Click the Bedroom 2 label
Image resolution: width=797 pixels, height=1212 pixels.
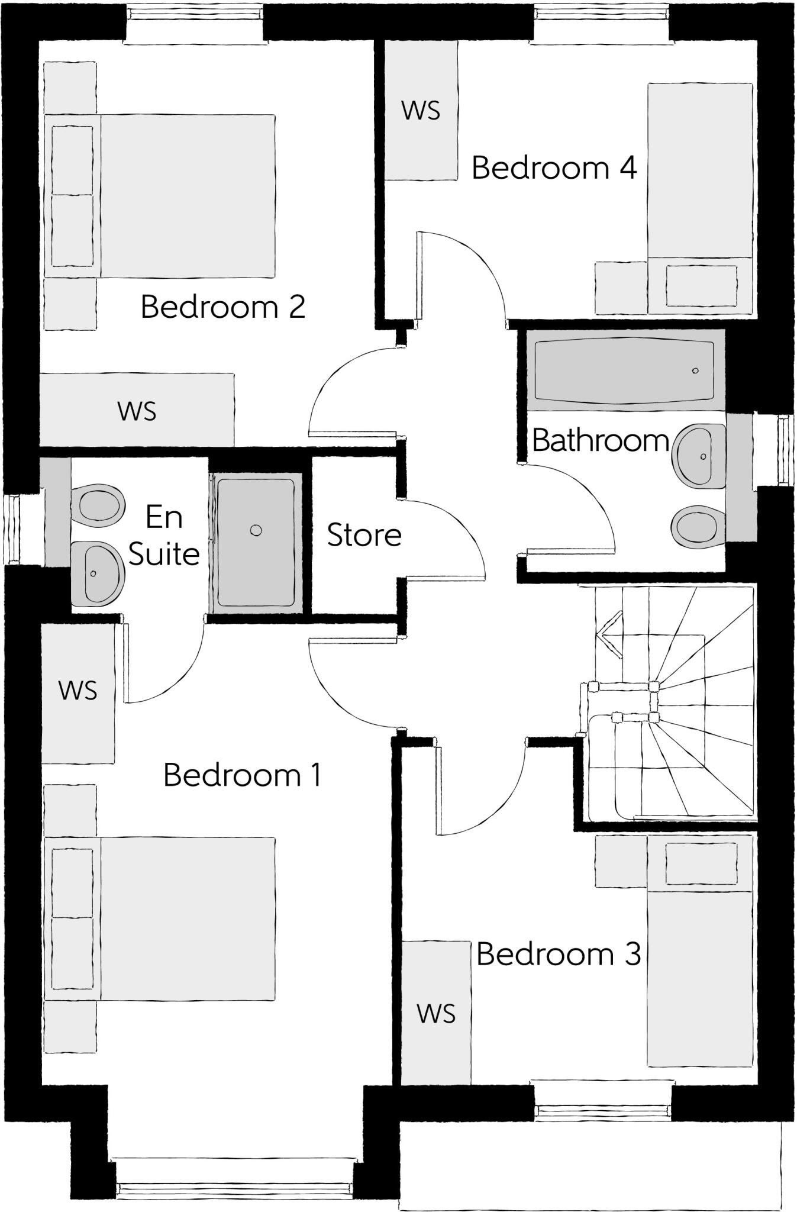tap(223, 307)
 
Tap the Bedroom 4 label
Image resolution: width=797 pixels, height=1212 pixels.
tap(554, 168)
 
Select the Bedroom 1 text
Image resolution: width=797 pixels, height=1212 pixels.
tap(243, 775)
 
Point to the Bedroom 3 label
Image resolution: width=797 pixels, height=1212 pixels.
tap(559, 954)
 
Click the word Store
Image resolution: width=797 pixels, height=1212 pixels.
tap(364, 535)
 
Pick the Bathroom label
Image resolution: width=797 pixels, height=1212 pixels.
tap(600, 441)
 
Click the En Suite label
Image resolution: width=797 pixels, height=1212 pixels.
tap(164, 536)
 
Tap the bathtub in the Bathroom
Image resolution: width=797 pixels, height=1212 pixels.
tap(624, 370)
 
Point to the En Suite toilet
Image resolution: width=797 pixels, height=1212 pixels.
tap(98, 505)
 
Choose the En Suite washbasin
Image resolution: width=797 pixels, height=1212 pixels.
tap(97, 573)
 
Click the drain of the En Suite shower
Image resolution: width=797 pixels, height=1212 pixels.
tap(256, 530)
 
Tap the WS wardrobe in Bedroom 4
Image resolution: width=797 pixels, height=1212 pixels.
tap(421, 111)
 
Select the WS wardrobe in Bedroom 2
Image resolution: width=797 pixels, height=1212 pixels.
tap(137, 411)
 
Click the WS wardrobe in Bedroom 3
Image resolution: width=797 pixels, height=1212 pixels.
tap(436, 1013)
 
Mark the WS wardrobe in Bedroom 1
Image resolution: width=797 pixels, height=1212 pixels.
tap(78, 691)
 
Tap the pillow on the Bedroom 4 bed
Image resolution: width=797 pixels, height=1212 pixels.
tap(701, 286)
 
